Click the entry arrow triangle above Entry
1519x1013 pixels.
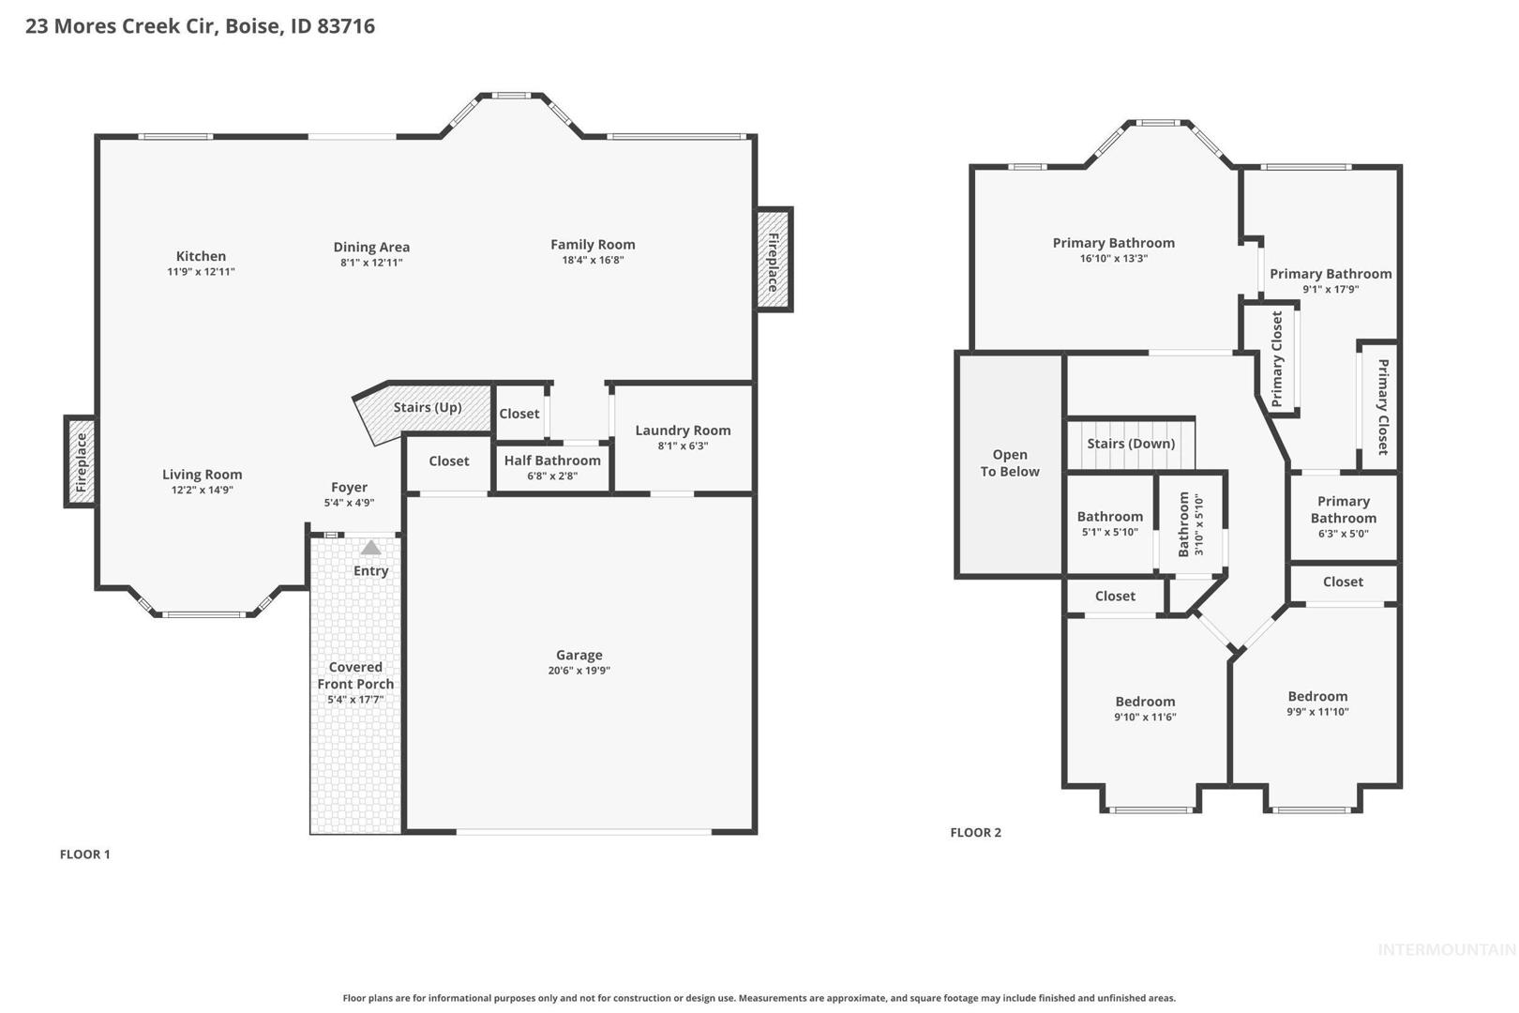pos(371,548)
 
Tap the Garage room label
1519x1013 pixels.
pos(579,655)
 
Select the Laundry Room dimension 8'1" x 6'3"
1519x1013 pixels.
pos(683,446)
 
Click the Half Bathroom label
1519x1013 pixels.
pos(552,460)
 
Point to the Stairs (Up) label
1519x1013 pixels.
pos(428,407)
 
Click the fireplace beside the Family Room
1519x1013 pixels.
pos(774,259)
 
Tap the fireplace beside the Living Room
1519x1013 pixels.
pos(80,461)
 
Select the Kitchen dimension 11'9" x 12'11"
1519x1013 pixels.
pos(201,271)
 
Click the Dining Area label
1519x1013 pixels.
pos(371,247)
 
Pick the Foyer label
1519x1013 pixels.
pos(349,487)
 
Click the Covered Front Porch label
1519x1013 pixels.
pos(355,675)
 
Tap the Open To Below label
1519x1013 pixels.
pos(1010,462)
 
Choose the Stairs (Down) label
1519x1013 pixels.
pos(1131,443)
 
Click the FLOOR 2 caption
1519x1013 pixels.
pos(975,833)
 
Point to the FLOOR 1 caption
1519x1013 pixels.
pos(84,854)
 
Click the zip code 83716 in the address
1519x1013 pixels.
pos(346,25)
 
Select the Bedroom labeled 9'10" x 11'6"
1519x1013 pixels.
pos(1146,702)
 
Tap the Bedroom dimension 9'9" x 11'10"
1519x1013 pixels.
pos(1317,712)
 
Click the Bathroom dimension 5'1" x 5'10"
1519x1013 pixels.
pos(1110,532)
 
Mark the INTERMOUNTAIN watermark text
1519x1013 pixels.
pos(1448,949)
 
